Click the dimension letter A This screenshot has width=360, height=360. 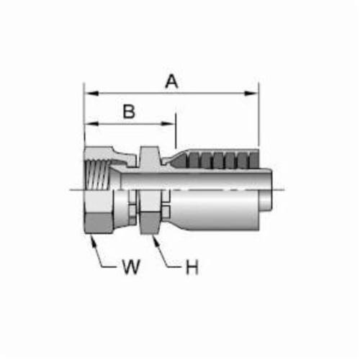tap(172, 81)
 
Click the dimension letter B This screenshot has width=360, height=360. tap(129, 112)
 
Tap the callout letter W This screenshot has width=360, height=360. tap(131, 266)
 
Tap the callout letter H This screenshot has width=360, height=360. tap(192, 267)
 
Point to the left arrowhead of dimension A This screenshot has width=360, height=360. tap(91, 93)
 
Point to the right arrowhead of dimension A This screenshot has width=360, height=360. tap(251, 93)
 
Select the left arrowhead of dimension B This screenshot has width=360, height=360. tap(91, 124)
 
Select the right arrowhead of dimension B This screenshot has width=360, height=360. tap(168, 124)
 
